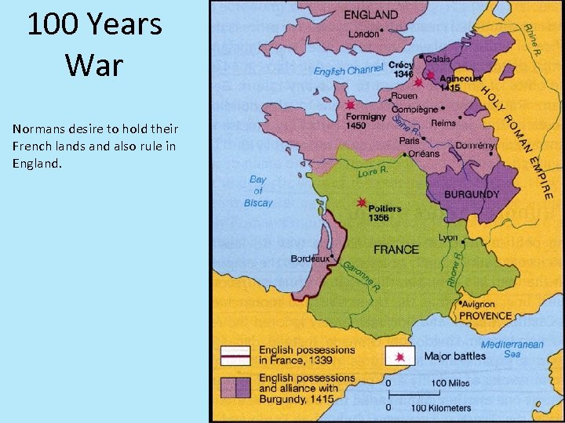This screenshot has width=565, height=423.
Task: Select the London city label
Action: [x=363, y=34]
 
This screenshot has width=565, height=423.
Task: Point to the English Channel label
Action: [x=348, y=70]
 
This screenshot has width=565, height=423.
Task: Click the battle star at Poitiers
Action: [x=362, y=202]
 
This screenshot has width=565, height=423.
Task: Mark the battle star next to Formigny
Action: [x=350, y=105]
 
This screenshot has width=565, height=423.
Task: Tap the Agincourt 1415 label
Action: [x=450, y=83]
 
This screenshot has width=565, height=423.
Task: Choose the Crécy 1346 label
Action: [x=400, y=70]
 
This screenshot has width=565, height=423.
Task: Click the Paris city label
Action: [x=409, y=141]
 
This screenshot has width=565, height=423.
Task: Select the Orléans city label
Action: [x=424, y=154]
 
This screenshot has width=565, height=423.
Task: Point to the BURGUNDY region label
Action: [x=472, y=194]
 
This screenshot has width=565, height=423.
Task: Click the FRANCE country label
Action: [x=395, y=250]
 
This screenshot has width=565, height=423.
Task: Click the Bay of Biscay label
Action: [x=258, y=191]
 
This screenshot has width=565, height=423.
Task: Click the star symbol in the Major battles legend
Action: [x=400, y=356]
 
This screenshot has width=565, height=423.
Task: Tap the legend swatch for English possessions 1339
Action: [x=235, y=356]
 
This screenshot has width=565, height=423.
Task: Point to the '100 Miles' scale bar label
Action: [x=450, y=383]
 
